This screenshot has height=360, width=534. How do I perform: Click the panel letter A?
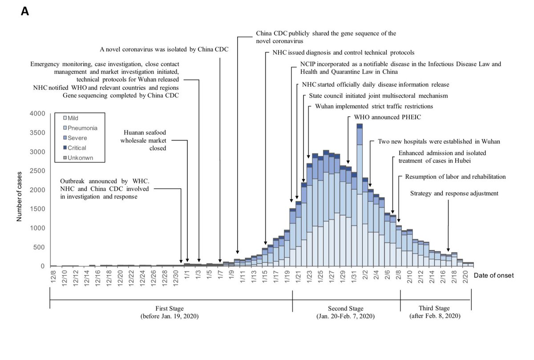point(25,12)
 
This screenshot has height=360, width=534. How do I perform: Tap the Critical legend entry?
point(74,148)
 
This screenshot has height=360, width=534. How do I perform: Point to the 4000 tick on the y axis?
point(37,114)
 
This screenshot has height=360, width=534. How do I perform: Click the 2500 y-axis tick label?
point(37,171)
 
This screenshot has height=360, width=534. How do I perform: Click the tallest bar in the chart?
point(360,196)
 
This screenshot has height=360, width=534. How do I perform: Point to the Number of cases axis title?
point(20,190)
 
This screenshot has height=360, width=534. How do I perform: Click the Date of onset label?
point(494,276)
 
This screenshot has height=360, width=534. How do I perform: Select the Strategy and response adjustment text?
point(454,194)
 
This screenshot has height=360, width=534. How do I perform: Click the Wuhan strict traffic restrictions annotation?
point(374,106)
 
